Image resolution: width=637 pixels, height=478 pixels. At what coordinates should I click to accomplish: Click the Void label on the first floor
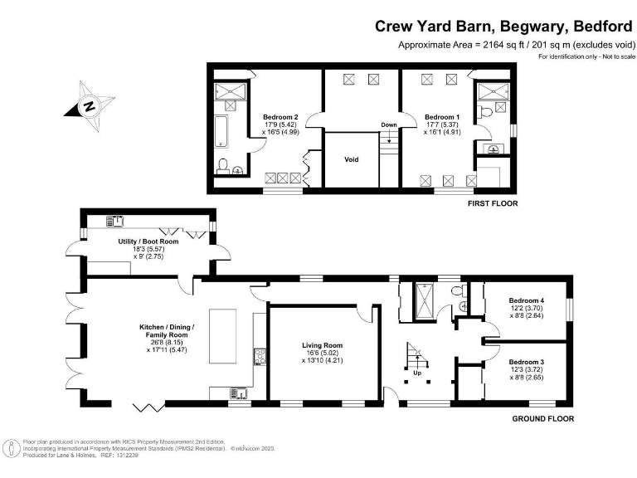[x=351, y=159]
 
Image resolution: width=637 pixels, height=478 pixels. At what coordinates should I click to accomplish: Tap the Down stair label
[x=388, y=125]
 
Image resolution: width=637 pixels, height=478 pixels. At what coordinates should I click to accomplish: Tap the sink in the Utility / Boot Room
[x=115, y=222]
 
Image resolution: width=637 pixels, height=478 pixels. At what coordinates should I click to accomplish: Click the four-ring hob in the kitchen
[x=259, y=358]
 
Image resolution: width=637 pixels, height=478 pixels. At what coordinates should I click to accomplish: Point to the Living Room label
[x=322, y=345]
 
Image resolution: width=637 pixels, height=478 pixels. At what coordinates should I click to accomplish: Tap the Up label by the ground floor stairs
[x=418, y=373]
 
